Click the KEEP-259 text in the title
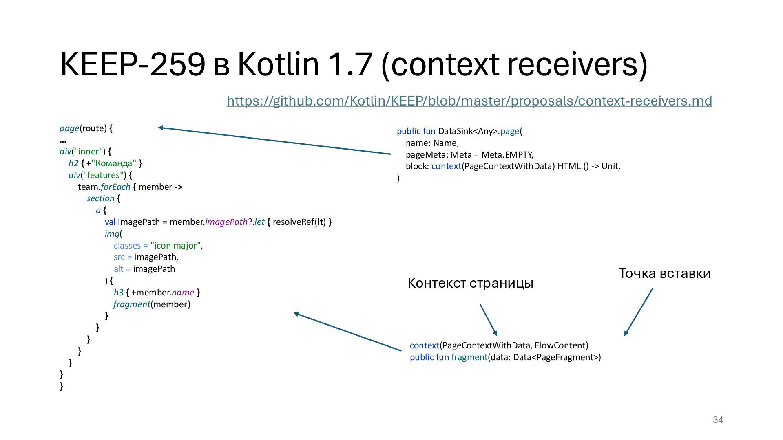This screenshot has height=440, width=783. tap(133, 64)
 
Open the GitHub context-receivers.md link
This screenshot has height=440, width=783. tap(469, 101)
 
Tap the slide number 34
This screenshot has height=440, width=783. tap(718, 420)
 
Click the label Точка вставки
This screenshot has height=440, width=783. tap(664, 273)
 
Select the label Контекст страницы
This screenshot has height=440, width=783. tap(470, 283)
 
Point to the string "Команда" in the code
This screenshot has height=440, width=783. tap(114, 163)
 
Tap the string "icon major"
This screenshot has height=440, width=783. tap(176, 246)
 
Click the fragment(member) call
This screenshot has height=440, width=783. tap(152, 304)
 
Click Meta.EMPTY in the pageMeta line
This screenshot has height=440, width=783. tap(507, 155)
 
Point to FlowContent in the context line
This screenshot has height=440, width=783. tap(561, 345)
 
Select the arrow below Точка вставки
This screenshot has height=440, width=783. tap(638, 312)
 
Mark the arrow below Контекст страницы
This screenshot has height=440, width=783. tap(488, 320)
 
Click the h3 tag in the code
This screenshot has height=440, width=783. tap(118, 293)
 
